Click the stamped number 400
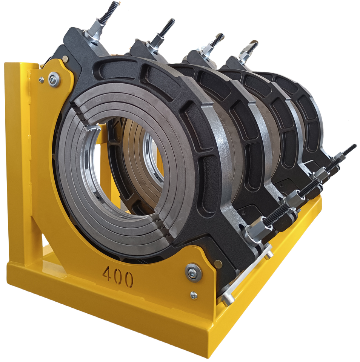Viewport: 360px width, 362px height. click(x=118, y=276)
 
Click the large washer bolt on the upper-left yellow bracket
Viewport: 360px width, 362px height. click(x=54, y=80)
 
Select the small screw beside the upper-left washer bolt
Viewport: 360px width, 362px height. click(x=42, y=80)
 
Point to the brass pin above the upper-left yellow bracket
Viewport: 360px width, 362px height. click(x=65, y=59)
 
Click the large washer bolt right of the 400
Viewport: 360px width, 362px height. click(x=193, y=272)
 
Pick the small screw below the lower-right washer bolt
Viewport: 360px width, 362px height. click(x=194, y=295)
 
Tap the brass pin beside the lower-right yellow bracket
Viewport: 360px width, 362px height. click(x=218, y=264)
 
